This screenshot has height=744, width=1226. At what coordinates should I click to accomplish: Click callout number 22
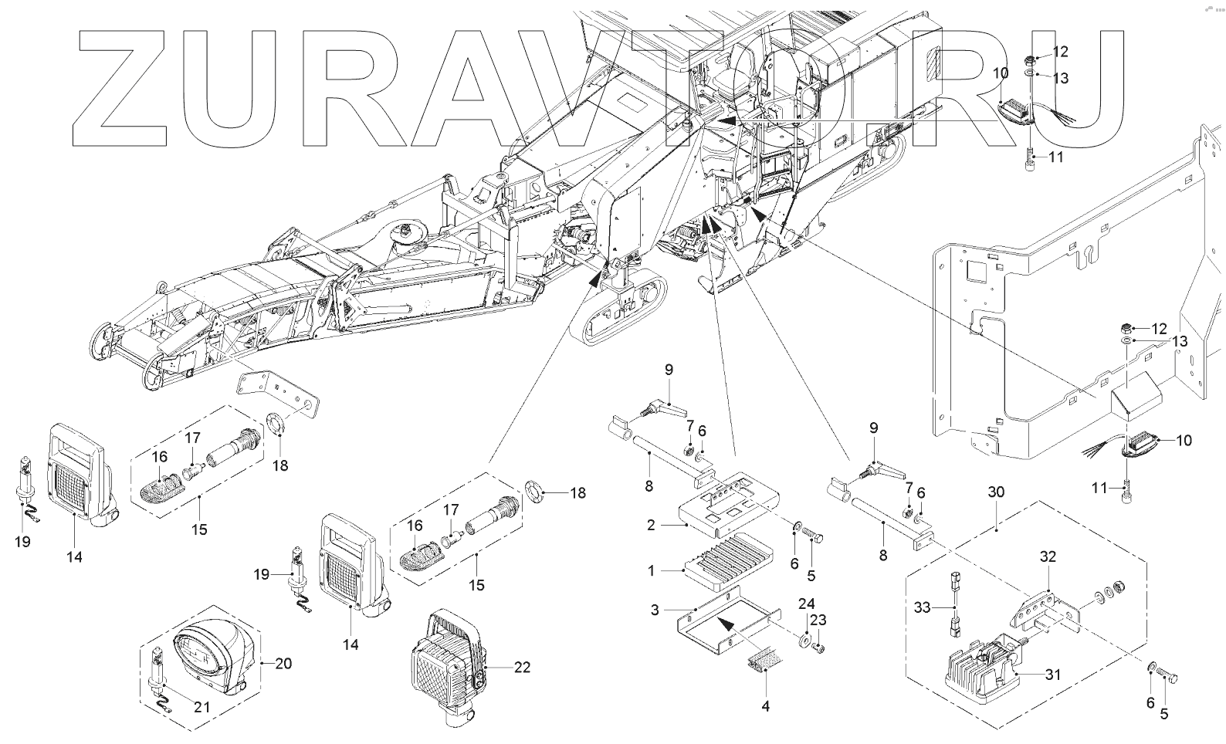pyautogui.click(x=523, y=668)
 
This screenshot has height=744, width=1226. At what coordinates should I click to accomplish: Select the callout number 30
pyautogui.click(x=996, y=492)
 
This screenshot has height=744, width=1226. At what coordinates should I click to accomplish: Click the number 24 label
pyautogui.click(x=806, y=603)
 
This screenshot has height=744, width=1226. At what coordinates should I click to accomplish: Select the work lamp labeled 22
pyautogui.click(x=445, y=664)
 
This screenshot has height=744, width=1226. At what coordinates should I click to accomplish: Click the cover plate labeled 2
pyautogui.click(x=726, y=506)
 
